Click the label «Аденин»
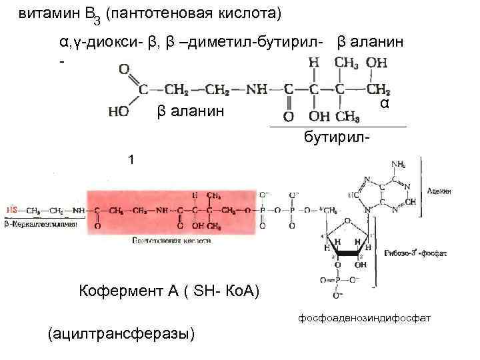tap(440, 191)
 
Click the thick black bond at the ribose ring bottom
tap(349, 254)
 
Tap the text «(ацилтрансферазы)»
tap(121, 334)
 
